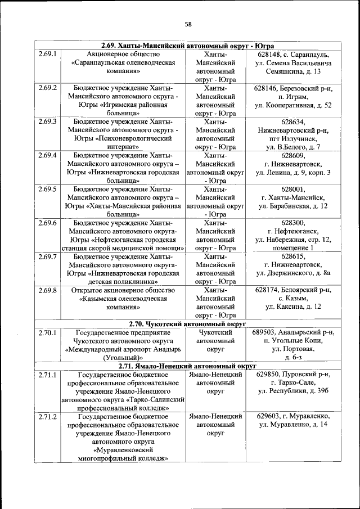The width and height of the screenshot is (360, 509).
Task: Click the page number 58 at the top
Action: [188, 24]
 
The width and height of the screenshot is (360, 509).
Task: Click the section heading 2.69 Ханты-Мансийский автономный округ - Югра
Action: [187, 46]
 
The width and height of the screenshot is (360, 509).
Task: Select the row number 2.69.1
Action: [48, 54]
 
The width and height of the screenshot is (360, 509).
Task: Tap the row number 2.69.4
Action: [48, 155]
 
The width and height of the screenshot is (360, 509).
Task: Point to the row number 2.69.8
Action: [48, 290]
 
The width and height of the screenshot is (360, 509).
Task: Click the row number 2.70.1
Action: [48, 332]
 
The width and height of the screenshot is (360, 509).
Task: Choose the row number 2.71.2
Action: [48, 417]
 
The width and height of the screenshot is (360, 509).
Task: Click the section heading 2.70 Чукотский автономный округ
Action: [187, 325]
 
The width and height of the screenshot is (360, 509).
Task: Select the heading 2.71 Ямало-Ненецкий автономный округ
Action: [187, 367]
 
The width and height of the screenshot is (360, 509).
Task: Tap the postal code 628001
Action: [292, 189]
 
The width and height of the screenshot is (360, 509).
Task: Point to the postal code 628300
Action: [292, 223]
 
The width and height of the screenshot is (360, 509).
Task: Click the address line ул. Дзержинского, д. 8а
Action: [292, 273]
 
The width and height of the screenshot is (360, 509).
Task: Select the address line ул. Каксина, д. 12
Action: [292, 307]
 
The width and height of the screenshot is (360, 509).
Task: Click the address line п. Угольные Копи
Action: [292, 341]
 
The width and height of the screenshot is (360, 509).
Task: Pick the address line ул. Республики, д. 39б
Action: [292, 391]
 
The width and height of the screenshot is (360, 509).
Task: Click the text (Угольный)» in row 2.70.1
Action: [122, 358]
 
